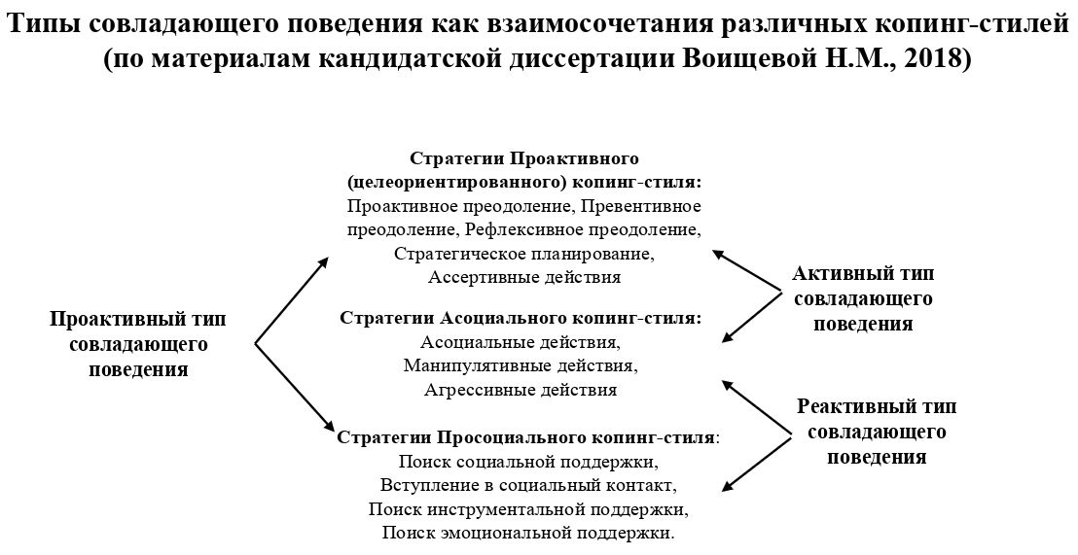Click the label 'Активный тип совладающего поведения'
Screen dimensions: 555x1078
pos(863,298)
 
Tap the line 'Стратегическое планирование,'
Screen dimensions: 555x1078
pos(523,254)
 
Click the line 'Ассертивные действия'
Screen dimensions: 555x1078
pos(523,277)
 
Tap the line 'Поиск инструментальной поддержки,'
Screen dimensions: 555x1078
pos(526,508)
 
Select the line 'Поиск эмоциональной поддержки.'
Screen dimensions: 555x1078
pos(526,533)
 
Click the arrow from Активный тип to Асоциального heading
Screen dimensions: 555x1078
pos(751,317)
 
